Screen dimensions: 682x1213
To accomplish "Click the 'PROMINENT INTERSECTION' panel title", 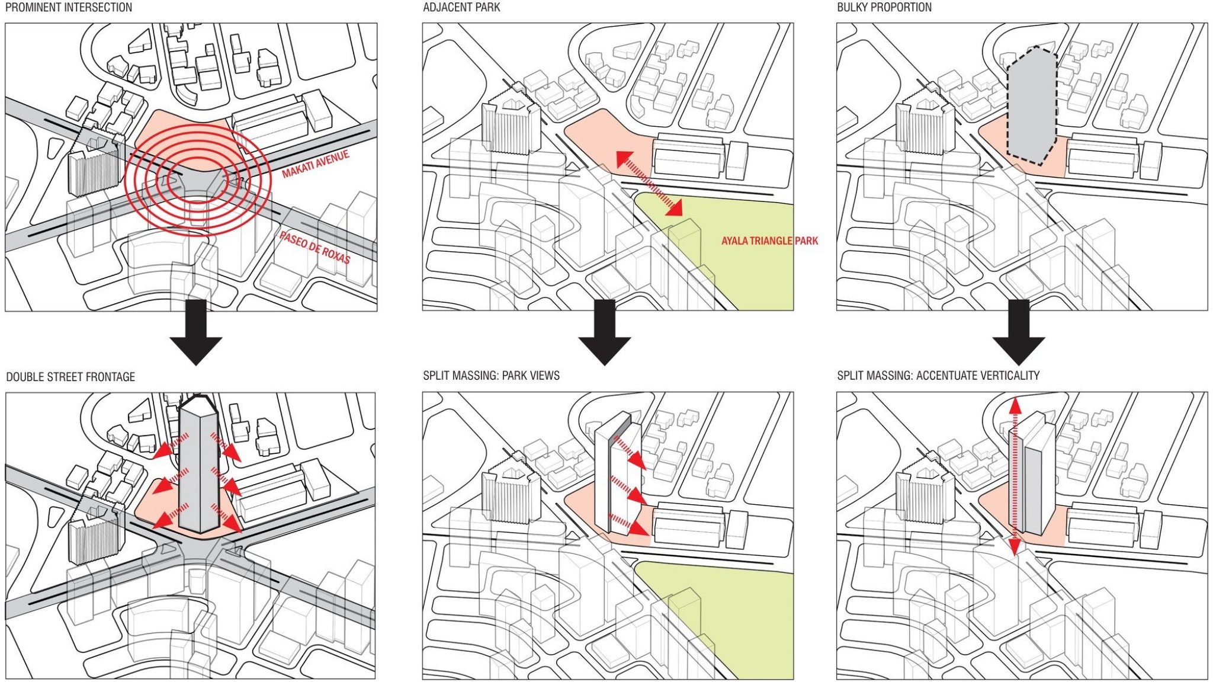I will click(69, 8).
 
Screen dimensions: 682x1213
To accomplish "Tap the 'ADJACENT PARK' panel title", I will click(461, 8).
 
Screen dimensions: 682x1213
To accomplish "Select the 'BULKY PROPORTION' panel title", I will click(884, 8).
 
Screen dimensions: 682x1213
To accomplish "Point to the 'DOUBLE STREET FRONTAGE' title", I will click(70, 377).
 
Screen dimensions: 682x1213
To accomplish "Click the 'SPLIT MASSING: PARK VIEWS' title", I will click(491, 376).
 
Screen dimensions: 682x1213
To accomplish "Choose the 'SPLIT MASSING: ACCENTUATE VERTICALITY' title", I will click(938, 376).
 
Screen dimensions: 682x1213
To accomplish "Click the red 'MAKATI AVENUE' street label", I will click(315, 164).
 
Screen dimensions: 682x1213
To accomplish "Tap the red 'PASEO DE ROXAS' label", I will click(315, 247).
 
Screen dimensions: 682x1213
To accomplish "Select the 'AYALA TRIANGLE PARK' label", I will click(769, 241).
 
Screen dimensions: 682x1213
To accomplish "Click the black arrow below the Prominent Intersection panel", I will click(195, 332).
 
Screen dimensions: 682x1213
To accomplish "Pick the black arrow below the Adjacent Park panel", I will click(604, 332).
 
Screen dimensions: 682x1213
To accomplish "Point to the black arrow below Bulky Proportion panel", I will click(1018, 332).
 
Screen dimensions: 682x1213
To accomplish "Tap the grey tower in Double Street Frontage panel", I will click(199, 468).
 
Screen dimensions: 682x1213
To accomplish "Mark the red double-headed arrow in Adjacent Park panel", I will click(649, 182).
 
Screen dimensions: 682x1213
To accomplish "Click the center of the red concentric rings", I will click(198, 181).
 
